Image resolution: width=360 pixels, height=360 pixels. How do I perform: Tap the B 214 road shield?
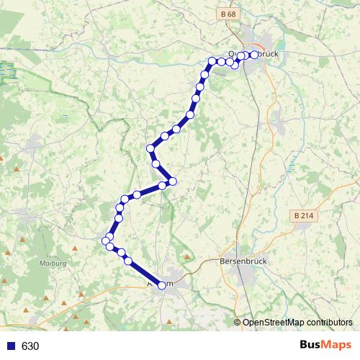pos(303,215)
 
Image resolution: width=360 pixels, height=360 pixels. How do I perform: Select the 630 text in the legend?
pos(30,346)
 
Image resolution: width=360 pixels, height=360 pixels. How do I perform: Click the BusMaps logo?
pos(325,345)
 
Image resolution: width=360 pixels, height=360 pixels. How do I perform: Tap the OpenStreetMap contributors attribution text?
pos(297,322)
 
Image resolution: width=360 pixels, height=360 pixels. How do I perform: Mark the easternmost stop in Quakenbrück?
pos(253,55)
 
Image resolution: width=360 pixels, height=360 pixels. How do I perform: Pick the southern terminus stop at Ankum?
pos(161,286)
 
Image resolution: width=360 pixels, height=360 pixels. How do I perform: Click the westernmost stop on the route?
pos(105,240)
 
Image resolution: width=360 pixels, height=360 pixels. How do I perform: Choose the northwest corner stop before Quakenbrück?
pos(212,61)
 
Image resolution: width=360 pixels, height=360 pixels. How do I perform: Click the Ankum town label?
pos(160,285)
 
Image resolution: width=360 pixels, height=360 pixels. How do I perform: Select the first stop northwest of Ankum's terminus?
pos(129,261)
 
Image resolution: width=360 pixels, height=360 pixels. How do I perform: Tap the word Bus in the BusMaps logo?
pos(312,345)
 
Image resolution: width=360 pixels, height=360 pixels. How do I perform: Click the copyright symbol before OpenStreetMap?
pos(238,322)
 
